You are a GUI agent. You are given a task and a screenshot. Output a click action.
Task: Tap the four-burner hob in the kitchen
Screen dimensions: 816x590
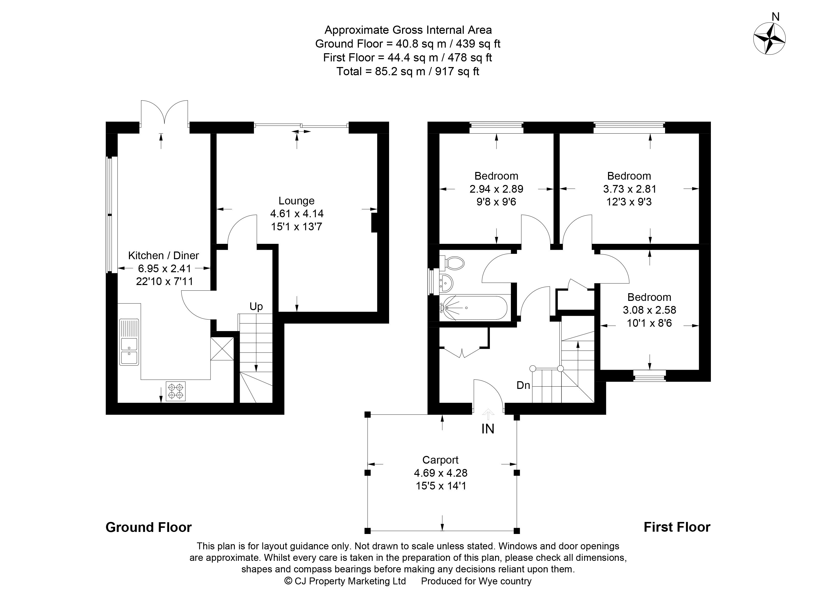pyautogui.click(x=175, y=391)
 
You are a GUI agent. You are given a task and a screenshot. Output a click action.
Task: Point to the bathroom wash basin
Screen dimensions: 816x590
pyautogui.click(x=446, y=283)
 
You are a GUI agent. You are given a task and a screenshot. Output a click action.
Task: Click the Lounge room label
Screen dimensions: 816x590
pyautogui.click(x=296, y=201)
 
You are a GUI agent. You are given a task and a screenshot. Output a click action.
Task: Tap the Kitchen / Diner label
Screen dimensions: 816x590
pyautogui.click(x=163, y=255)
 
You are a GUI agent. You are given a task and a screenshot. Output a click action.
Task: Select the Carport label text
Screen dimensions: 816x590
pyautogui.click(x=440, y=460)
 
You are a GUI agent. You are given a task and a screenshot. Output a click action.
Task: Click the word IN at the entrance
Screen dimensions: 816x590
pyautogui.click(x=488, y=429)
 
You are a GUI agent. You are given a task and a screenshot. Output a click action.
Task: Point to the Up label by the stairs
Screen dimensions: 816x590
pyautogui.click(x=256, y=307)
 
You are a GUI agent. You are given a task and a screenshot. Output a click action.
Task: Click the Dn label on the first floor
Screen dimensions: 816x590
pyautogui.click(x=523, y=385)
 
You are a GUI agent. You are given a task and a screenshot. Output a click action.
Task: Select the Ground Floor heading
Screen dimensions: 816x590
pyautogui.click(x=149, y=527)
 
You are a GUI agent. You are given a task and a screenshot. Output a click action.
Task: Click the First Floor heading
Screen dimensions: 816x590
pyautogui.click(x=677, y=527)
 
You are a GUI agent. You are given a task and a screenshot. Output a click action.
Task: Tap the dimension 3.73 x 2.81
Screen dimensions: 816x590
pyautogui.click(x=630, y=189)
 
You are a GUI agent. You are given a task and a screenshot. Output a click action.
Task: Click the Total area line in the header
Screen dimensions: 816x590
pyautogui.click(x=408, y=72)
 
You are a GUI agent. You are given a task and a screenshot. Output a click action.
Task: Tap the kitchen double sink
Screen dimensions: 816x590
pyautogui.click(x=129, y=352)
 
